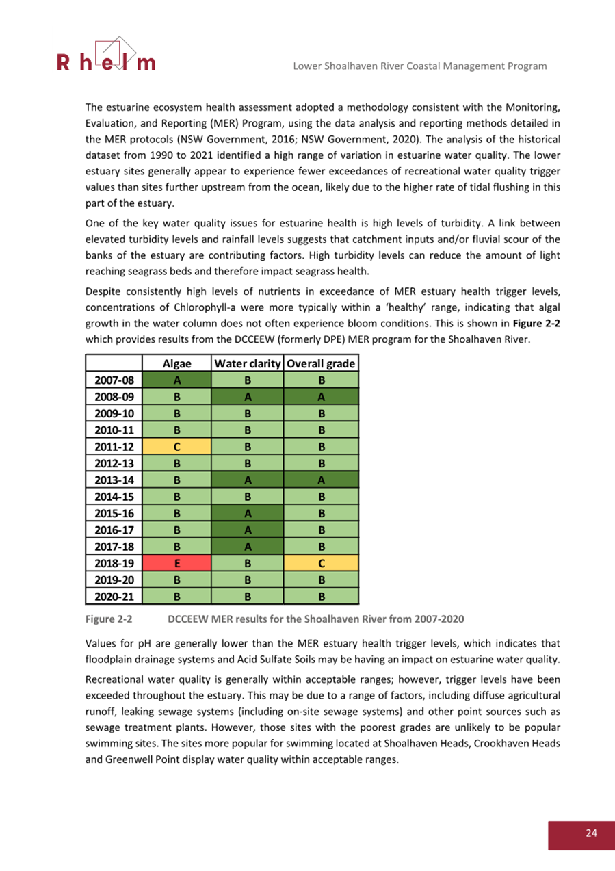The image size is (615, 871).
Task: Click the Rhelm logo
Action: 106,56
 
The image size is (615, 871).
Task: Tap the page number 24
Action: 591,833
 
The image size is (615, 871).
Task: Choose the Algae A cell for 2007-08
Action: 177,380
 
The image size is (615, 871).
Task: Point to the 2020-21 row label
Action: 114,596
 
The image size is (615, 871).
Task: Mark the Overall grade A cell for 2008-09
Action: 321,395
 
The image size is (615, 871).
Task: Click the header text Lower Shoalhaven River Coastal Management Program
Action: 419,66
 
